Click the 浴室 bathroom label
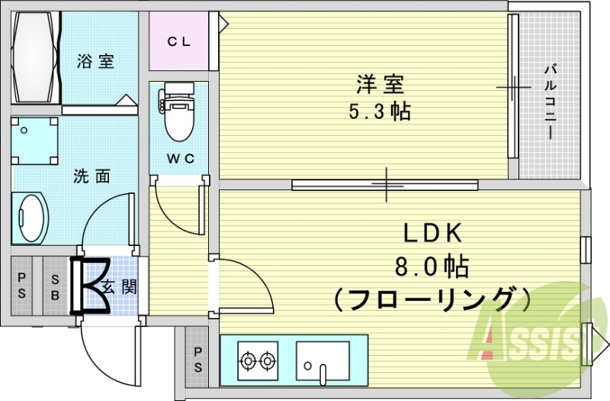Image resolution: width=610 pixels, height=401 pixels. coord(95,62)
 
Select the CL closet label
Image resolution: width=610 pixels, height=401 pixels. coord(178,42)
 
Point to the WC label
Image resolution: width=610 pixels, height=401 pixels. coord(181,158)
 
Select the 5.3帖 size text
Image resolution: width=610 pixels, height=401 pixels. coord(379,112)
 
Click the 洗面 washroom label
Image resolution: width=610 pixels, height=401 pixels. coord(91,176)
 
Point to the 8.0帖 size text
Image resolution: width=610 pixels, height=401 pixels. coord(431,267)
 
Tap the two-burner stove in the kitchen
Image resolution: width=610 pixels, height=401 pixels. coord(256,359)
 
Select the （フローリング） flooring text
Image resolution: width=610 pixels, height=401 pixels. coord(431,298)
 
